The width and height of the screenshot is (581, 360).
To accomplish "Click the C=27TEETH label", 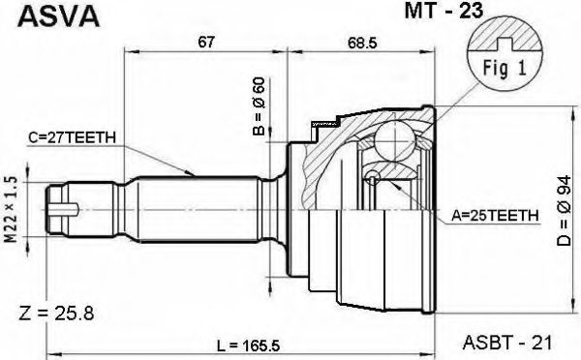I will click(73, 137).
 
